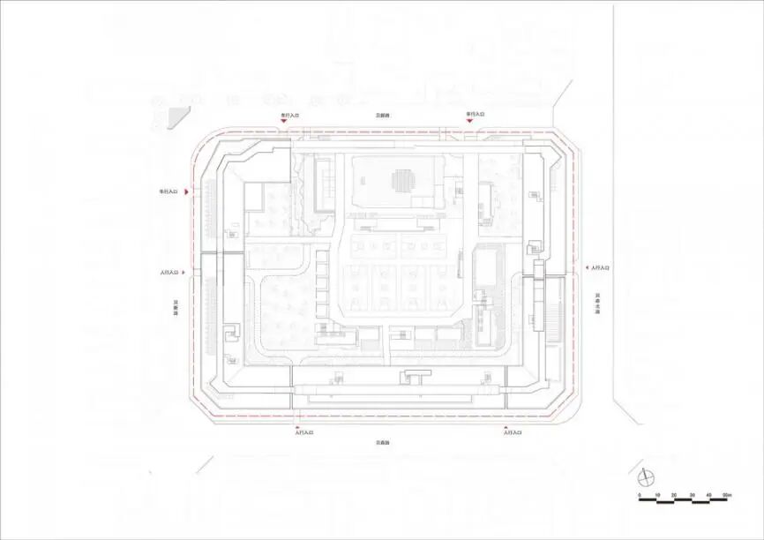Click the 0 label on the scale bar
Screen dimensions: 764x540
640,496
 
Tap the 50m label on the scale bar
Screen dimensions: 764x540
725,496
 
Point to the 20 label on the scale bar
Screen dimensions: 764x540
674,496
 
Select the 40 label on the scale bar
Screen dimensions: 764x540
708,496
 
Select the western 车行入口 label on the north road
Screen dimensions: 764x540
290,115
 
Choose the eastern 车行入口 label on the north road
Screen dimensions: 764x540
476,115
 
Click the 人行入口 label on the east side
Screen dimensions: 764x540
600,267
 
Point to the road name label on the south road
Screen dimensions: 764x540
381,442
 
